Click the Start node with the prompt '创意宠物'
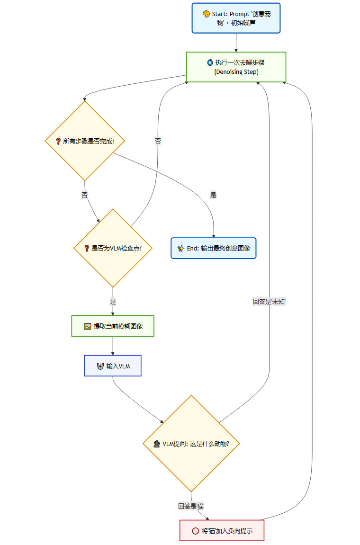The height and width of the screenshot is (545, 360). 236,18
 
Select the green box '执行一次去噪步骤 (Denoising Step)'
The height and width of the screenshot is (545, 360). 236,67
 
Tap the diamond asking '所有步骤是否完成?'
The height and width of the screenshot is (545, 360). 85,141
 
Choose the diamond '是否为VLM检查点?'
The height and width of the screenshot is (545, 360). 113,248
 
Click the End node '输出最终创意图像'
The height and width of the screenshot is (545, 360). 213,248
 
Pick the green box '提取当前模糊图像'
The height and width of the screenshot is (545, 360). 113,326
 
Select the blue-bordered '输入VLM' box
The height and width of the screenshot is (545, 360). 113,366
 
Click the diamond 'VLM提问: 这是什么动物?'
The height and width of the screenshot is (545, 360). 191,444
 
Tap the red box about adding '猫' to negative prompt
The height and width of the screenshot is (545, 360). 222,530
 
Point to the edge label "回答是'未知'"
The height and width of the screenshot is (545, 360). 269,301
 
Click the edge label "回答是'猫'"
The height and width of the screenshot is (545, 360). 191,506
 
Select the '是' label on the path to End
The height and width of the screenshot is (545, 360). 213,195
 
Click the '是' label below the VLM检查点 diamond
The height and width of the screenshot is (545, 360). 113,301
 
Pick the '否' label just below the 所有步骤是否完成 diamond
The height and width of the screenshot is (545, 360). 85,195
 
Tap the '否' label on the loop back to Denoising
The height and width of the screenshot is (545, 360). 158,141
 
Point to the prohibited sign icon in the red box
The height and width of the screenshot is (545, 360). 195,531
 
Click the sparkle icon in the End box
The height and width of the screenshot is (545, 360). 180,248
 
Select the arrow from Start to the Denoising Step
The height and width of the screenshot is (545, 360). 236,43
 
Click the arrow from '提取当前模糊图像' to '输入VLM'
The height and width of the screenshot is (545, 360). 113,346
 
